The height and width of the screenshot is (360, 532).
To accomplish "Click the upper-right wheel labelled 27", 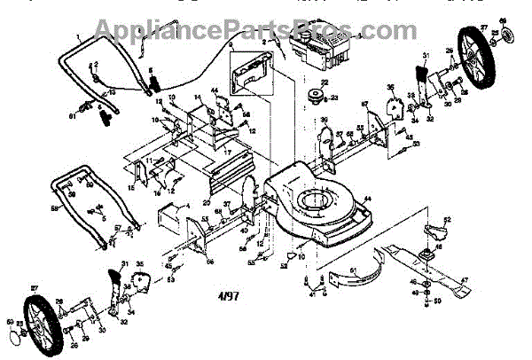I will tap(480, 71).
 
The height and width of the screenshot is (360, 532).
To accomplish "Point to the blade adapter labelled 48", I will tap(426, 256).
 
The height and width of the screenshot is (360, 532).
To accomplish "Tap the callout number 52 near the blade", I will tap(447, 218).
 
